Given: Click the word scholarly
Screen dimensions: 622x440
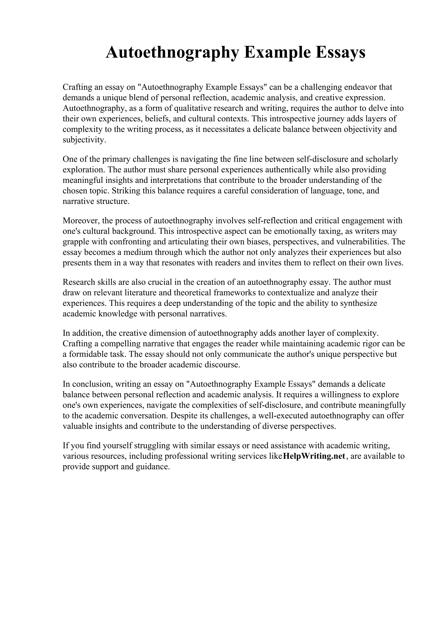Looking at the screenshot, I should [x=382, y=159].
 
